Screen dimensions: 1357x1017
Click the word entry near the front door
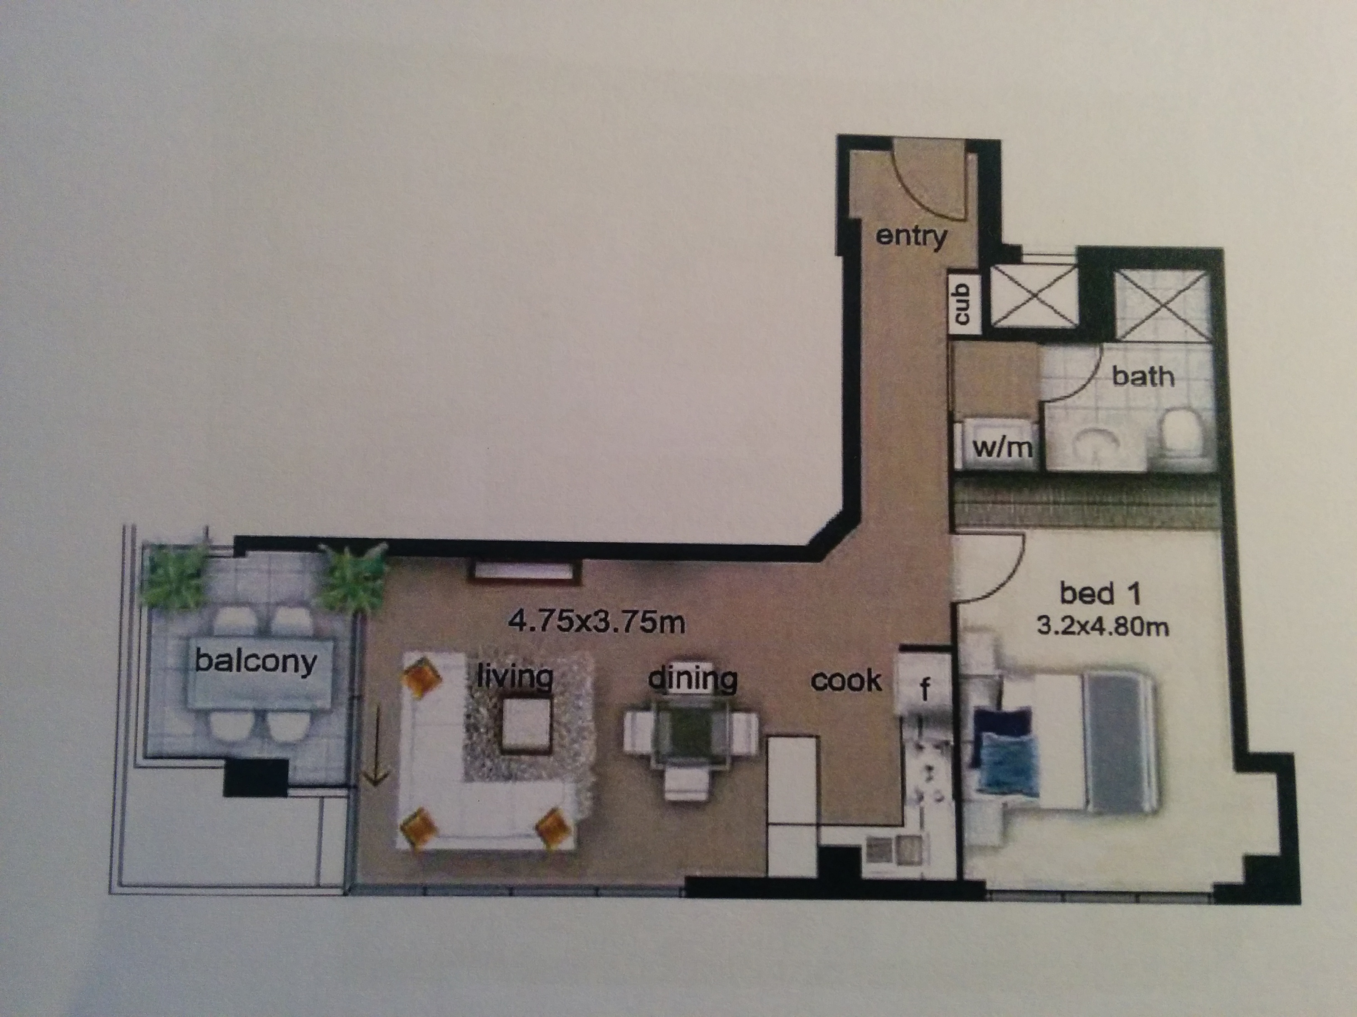click(911, 237)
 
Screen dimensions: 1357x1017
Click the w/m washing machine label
click(1002, 449)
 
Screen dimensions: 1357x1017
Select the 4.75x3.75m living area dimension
click(596, 623)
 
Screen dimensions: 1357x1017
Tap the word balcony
click(256, 661)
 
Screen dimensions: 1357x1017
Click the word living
click(515, 677)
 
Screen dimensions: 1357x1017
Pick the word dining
click(693, 678)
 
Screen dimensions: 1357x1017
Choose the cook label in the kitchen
click(846, 680)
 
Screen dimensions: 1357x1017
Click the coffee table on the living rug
click(526, 727)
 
